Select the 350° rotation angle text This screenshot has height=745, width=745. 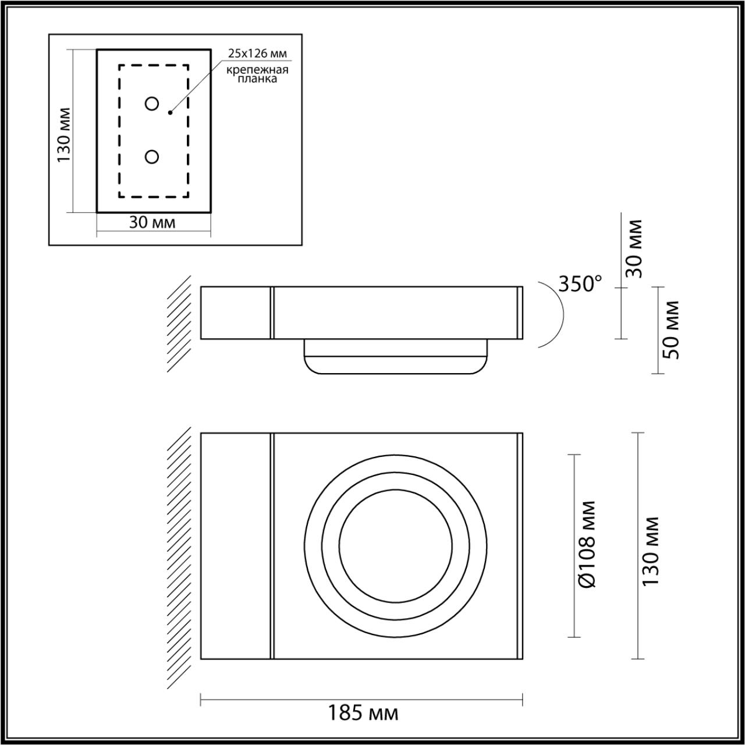[x=579, y=283]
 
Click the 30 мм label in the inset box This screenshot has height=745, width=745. [x=152, y=222]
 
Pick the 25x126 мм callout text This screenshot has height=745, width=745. [x=257, y=54]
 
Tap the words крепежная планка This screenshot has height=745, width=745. [x=258, y=74]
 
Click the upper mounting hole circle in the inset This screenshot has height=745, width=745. [x=152, y=104]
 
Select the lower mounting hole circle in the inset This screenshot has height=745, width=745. [x=152, y=157]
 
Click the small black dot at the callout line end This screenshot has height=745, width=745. [x=170, y=112]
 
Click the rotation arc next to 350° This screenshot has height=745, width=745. [x=558, y=314]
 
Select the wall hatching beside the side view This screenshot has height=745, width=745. [x=179, y=324]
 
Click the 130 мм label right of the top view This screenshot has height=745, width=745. [x=651, y=551]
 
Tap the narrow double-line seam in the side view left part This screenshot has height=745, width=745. [x=271, y=313]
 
